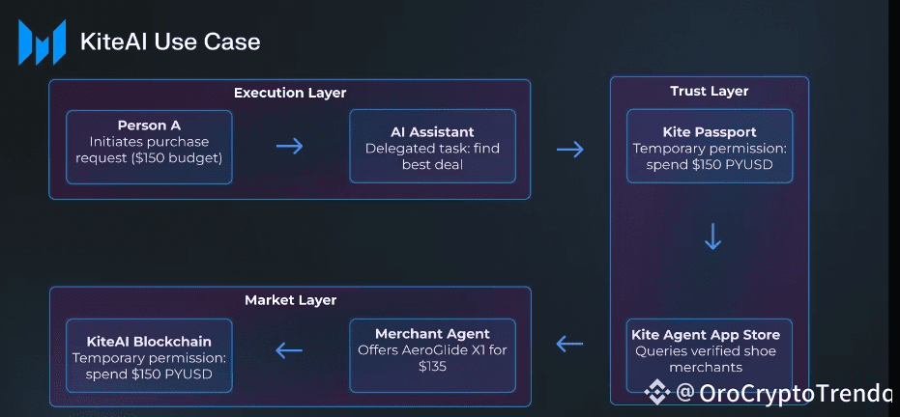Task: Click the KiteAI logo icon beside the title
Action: point(42,42)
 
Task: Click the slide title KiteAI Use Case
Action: point(170,42)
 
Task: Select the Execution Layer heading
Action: point(289,93)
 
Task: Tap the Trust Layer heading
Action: point(709,92)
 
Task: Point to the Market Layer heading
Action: point(290,300)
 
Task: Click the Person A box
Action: point(149,147)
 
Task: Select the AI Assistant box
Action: point(432,147)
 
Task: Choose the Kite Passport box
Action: point(709,147)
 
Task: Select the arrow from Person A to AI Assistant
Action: point(289,147)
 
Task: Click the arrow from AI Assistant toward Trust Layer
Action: point(570,149)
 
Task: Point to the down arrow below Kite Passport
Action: point(712,237)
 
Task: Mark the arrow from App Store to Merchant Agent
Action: point(570,344)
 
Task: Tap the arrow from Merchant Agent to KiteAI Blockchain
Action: point(289,350)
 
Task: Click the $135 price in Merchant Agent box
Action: point(432,367)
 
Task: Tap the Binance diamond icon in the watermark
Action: point(658,393)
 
